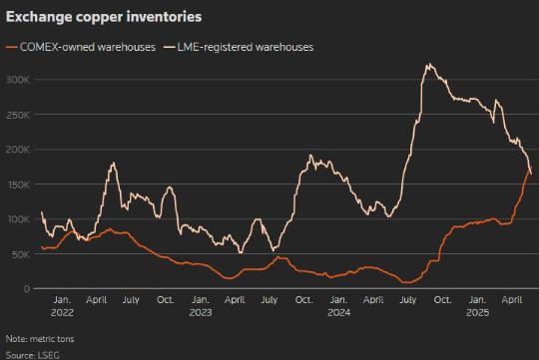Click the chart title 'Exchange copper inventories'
coord(104,17)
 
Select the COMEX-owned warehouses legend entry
coord(81,47)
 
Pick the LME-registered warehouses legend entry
coord(239,47)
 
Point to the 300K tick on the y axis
coord(18,80)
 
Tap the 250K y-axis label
coord(18,115)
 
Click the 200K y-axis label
coord(18,150)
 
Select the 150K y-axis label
coord(19,184)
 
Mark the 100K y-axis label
coord(19,219)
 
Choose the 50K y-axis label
coord(21,254)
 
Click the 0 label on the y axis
coord(27,289)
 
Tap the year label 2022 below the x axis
coord(62,312)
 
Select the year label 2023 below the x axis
coord(201,312)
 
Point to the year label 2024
coord(339,312)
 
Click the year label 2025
coord(477,312)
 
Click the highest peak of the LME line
coord(429,63)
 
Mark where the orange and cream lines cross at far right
coord(529,169)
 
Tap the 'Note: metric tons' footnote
coord(40,339)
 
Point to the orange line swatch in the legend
coord(12,48)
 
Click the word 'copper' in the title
coord(100,18)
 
